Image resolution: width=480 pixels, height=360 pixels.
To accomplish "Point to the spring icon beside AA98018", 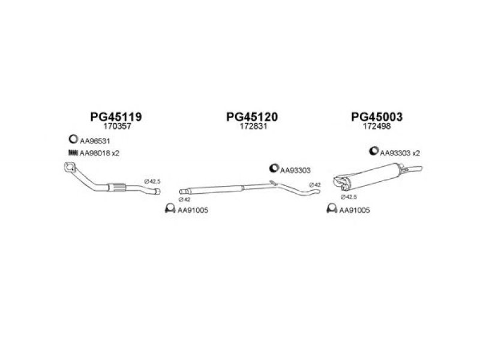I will pos(73,153).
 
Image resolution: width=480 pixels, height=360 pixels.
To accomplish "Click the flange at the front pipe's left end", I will pos(71,169).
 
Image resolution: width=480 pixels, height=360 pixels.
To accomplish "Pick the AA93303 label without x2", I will pos(296,170).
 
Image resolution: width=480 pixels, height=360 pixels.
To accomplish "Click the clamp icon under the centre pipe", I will pos(169,209).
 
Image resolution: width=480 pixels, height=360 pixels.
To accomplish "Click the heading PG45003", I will pos(376,116).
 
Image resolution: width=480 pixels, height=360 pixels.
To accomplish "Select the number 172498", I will pos(376,127).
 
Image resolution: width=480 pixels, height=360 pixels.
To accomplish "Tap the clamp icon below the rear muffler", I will pos(330,209).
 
